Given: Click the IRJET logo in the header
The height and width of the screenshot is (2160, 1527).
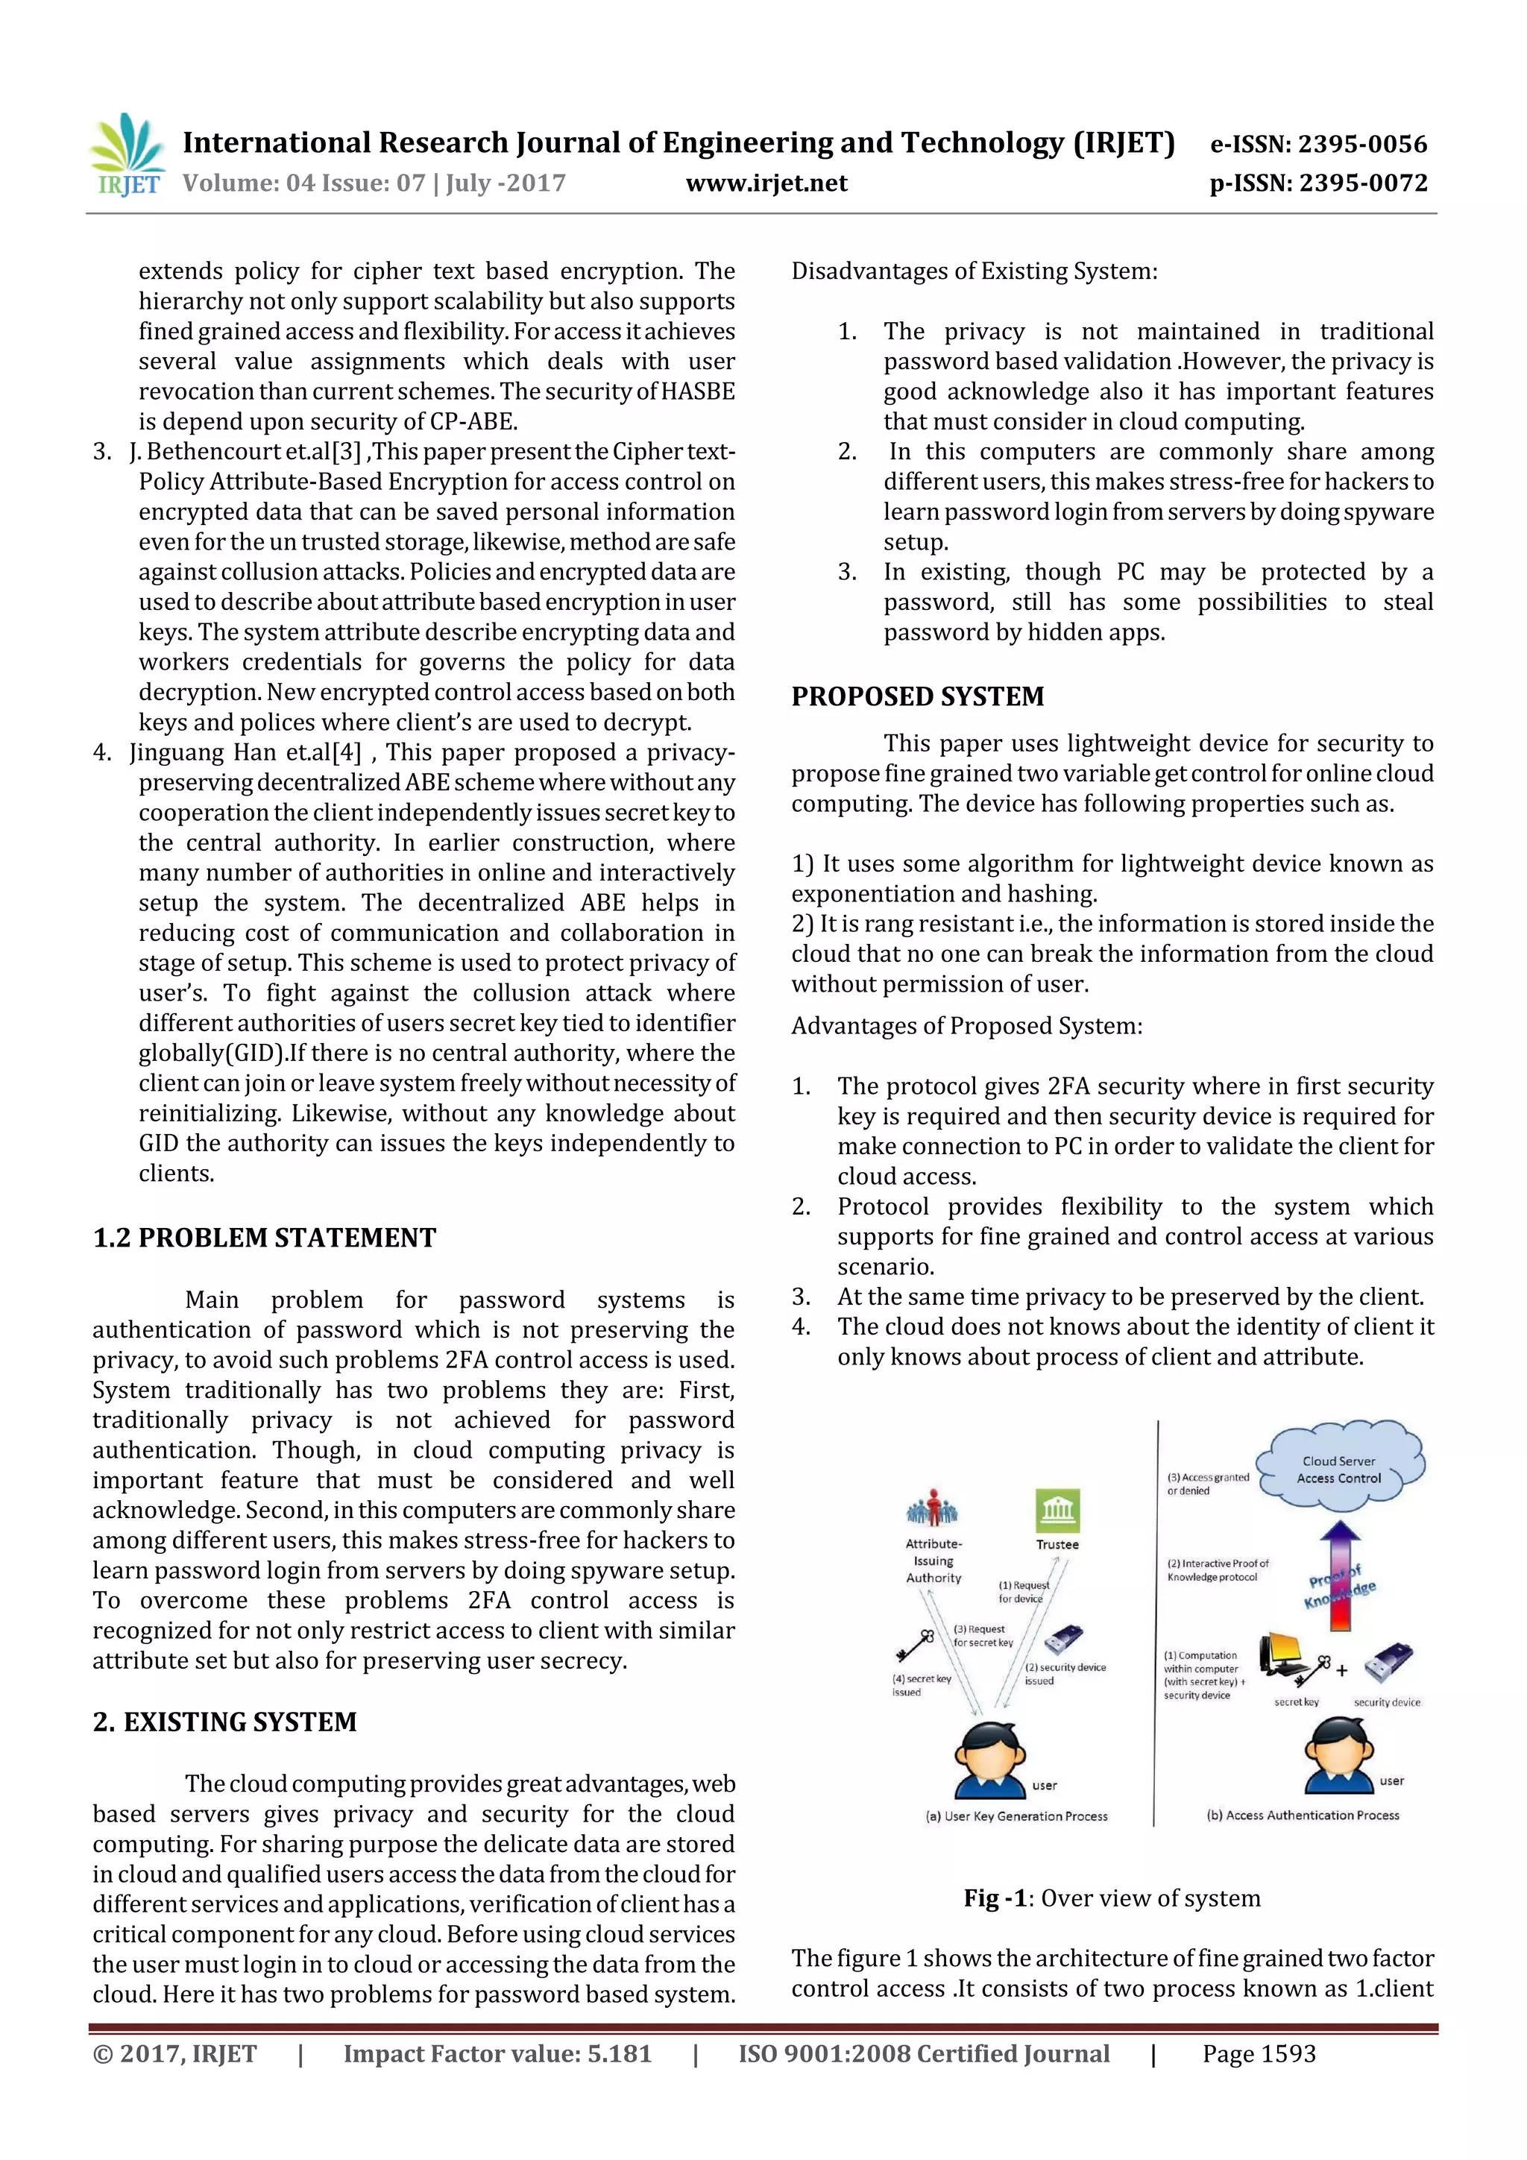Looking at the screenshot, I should click(127, 155).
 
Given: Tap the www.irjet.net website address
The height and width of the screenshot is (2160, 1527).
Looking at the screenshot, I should click(766, 183).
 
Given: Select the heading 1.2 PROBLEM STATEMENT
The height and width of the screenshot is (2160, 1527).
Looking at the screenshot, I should click(265, 1237).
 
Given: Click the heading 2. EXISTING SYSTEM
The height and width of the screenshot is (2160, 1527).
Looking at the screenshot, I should click(225, 1722).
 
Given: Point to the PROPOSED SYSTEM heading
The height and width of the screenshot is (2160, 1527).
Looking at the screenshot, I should click(917, 696).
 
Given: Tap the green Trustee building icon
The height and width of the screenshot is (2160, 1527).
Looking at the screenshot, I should click(1057, 1511).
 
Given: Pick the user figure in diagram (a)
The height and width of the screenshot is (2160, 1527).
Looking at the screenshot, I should click(989, 1761).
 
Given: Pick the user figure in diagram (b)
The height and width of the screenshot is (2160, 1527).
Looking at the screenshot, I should click(1338, 1755).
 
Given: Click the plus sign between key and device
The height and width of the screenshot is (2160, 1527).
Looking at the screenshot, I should click(1341, 1671).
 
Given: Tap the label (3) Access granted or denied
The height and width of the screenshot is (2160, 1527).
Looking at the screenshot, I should click(1207, 1484).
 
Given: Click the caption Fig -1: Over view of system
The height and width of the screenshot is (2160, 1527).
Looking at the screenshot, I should click(1111, 1898).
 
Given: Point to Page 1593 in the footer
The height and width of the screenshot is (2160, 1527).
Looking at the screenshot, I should click(1258, 2053).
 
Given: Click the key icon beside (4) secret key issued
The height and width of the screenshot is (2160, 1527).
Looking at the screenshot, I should click(915, 1646).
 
